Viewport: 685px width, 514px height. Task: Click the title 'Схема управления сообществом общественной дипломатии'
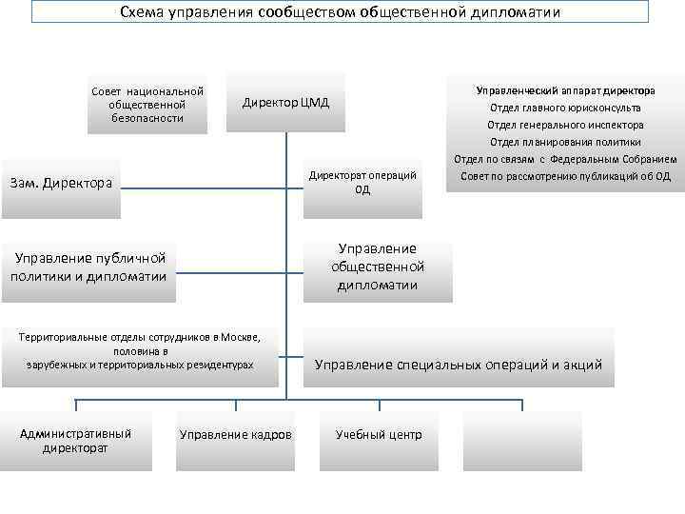pyautogui.click(x=341, y=12)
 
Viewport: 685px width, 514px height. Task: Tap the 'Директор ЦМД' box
pyautogui.click(x=286, y=103)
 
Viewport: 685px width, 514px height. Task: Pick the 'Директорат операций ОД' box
pyautogui.click(x=362, y=182)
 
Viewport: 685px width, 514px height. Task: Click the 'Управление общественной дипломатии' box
pyautogui.click(x=378, y=267)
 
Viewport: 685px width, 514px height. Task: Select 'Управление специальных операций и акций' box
pyautogui.click(x=459, y=365)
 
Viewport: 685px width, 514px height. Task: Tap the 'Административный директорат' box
pyautogui.click(x=76, y=441)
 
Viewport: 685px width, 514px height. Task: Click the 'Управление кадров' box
pyautogui.click(x=236, y=435)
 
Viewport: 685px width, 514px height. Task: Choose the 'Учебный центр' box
pyautogui.click(x=379, y=435)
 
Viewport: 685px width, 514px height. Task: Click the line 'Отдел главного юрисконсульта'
pyautogui.click(x=565, y=108)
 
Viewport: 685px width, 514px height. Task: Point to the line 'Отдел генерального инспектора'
pyautogui.click(x=565, y=125)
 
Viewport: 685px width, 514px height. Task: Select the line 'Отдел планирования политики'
pyautogui.click(x=565, y=142)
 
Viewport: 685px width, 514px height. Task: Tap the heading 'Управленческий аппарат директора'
pyautogui.click(x=565, y=90)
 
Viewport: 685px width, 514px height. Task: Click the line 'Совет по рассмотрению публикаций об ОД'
pyautogui.click(x=565, y=176)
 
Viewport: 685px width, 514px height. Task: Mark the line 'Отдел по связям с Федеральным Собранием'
pyautogui.click(x=565, y=159)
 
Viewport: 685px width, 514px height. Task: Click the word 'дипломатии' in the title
pyautogui.click(x=515, y=12)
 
